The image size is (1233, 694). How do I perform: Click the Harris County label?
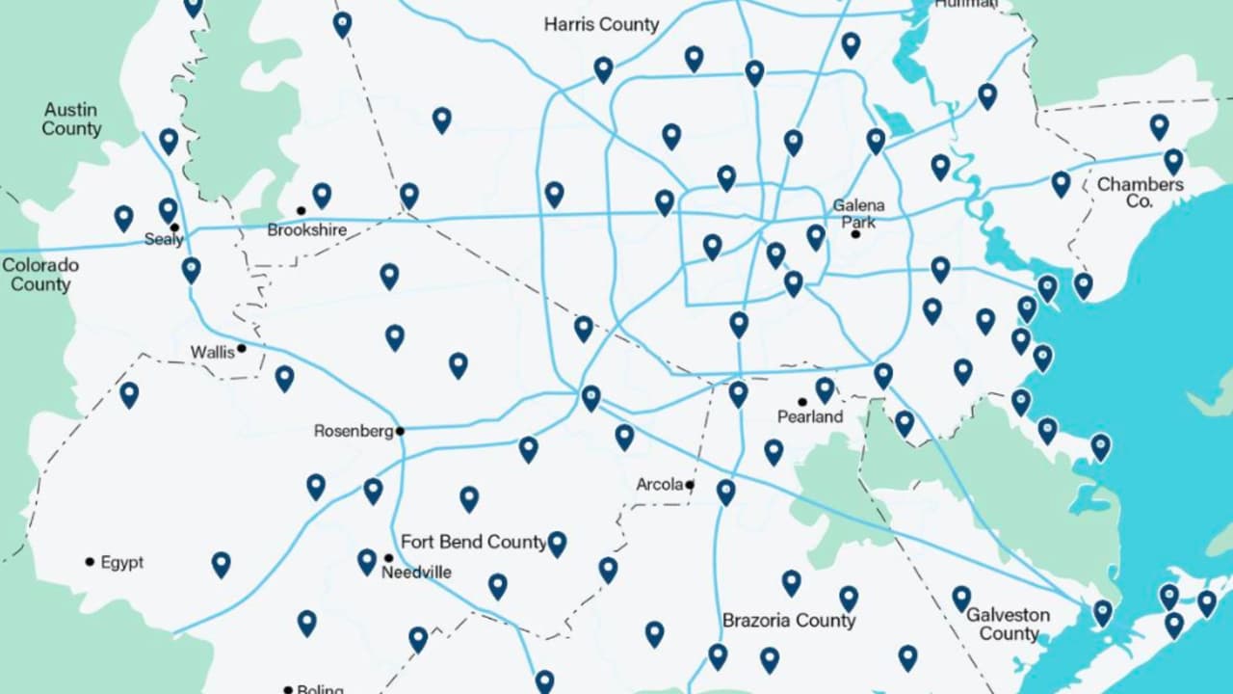coord(601,25)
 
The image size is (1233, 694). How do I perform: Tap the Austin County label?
coord(71,120)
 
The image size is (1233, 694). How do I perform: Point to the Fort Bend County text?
coord(473,542)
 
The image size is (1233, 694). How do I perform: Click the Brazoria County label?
coord(789,620)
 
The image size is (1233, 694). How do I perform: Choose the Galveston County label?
coord(1009,624)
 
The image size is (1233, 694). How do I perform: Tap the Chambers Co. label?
coord(1140,192)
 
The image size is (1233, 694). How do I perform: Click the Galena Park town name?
coord(858,213)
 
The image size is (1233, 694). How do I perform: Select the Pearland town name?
coord(810,417)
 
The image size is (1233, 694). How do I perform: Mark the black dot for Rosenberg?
coord(400,431)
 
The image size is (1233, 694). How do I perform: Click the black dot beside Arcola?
coord(690,485)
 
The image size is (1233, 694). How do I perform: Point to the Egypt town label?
coord(121,562)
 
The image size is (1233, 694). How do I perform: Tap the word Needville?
coord(416,573)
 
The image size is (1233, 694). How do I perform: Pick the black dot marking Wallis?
coord(242,349)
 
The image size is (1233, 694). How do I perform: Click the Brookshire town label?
coord(306,230)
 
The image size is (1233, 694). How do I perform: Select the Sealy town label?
coord(163,239)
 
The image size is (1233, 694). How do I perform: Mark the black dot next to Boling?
coord(288,689)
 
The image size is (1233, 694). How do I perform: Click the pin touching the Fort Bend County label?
coord(557,543)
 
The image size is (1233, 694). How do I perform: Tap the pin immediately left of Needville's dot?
coord(367,560)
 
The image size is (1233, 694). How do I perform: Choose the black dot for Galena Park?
coord(855,234)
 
